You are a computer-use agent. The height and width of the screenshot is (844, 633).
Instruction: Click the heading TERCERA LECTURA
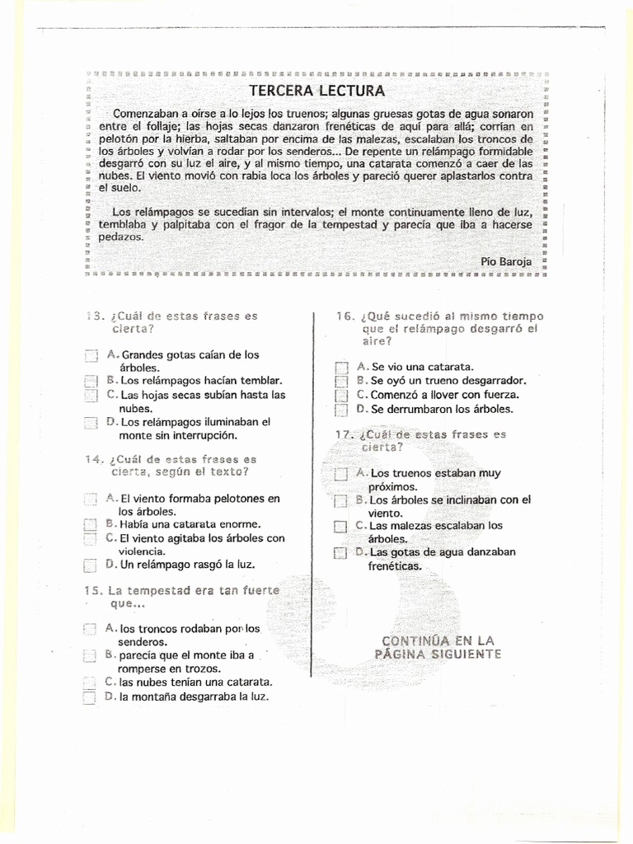click(316, 91)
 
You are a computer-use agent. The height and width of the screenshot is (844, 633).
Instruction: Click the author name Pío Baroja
click(506, 261)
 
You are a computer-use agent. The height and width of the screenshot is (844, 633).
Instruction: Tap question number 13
click(95, 316)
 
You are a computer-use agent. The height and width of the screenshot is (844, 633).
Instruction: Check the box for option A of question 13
click(91, 356)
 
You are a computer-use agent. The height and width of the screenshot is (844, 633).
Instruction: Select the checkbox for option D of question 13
click(91, 423)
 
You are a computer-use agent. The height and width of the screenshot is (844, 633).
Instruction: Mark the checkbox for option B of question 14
click(91, 524)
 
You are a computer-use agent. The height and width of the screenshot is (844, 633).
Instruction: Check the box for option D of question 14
click(91, 565)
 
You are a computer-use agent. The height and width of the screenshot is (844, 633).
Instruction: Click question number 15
click(93, 591)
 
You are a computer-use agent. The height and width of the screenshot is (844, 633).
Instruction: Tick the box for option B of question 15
click(91, 657)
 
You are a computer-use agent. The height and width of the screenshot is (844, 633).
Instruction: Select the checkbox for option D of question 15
click(91, 697)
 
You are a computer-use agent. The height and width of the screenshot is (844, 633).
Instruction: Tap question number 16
click(344, 316)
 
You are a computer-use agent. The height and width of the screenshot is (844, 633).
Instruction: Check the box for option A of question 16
click(341, 368)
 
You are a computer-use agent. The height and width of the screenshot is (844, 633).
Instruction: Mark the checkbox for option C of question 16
click(341, 396)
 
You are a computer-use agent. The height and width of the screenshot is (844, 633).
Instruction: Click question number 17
click(344, 434)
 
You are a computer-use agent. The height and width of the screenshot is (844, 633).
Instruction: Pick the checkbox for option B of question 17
click(340, 501)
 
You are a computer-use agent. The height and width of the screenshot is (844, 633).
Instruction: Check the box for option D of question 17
click(340, 553)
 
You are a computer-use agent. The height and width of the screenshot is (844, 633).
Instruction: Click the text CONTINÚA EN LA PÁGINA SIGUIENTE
click(438, 647)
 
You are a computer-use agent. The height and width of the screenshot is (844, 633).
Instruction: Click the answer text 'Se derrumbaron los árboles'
click(442, 409)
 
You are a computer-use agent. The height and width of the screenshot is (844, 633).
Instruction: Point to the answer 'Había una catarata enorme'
click(190, 524)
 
